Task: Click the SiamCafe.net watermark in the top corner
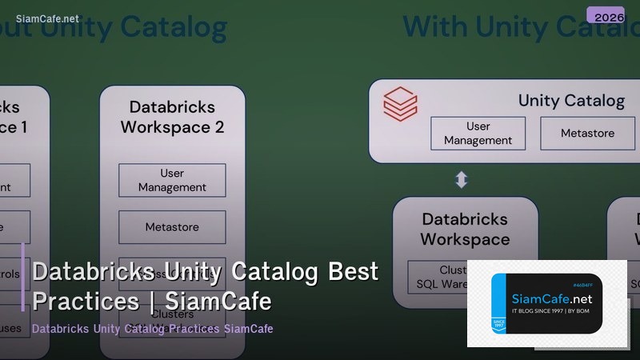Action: (x=47, y=18)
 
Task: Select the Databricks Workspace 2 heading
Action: (x=172, y=116)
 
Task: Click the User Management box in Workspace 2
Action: (x=172, y=180)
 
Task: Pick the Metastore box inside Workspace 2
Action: (x=172, y=227)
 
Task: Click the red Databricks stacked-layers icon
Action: (x=400, y=104)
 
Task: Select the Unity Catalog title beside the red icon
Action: (x=571, y=100)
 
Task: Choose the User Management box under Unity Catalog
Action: (x=478, y=133)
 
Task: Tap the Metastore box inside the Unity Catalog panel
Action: (x=587, y=133)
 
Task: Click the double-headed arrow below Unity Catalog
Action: (x=462, y=180)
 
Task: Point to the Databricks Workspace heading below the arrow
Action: (x=465, y=229)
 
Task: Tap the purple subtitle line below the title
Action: (x=152, y=329)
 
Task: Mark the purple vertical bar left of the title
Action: (x=23, y=277)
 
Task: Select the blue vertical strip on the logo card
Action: (x=498, y=305)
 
